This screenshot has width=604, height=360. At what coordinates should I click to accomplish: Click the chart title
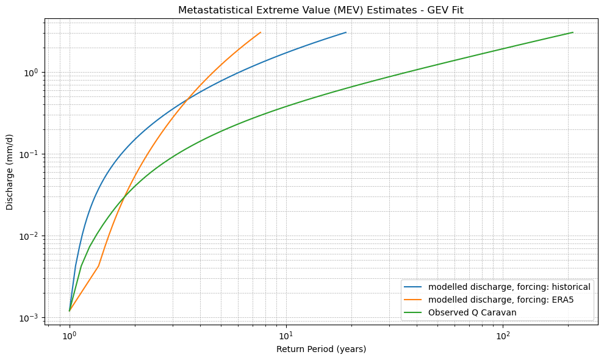pyautogui.click(x=321, y=10)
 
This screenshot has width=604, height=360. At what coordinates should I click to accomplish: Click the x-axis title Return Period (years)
pyautogui.click(x=321, y=349)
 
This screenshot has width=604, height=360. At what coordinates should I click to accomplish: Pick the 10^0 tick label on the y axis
pyautogui.click(x=31, y=73)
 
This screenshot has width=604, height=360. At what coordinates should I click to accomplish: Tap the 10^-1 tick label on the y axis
pyautogui.click(x=29, y=154)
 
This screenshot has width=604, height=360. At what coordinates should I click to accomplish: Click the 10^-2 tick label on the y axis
pyautogui.click(x=29, y=236)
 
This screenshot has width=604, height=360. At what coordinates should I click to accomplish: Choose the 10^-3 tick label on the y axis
pyautogui.click(x=29, y=318)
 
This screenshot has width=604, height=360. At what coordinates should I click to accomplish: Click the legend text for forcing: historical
pyautogui.click(x=509, y=287)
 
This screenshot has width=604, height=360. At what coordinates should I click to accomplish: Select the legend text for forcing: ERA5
pyautogui.click(x=501, y=300)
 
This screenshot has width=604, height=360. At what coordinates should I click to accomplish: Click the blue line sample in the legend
pyautogui.click(x=414, y=287)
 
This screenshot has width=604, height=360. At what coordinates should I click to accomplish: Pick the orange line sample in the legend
pyautogui.click(x=414, y=300)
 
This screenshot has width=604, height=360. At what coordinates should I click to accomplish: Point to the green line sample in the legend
pyautogui.click(x=414, y=312)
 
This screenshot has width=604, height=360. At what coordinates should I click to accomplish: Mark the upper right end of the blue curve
pyautogui.click(x=346, y=32)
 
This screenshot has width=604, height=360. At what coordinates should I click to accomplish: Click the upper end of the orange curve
pyautogui.click(x=261, y=32)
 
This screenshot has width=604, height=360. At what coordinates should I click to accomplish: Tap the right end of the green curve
pyautogui.click(x=573, y=32)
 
